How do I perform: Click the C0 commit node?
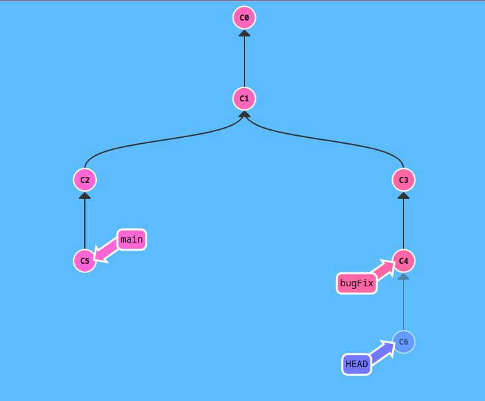(x=244, y=18)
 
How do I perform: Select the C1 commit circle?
(x=244, y=99)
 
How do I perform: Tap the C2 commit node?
(x=85, y=180)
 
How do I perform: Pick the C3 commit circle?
(x=404, y=180)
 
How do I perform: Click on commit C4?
(x=404, y=261)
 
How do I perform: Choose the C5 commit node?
(x=85, y=261)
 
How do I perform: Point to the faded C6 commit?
(x=404, y=342)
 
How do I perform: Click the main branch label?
(x=132, y=239)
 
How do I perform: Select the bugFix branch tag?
(x=356, y=283)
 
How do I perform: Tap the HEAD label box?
(x=356, y=364)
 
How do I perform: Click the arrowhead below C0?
(x=244, y=33)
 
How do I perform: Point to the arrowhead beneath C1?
(x=244, y=114)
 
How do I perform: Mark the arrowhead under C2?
(x=85, y=196)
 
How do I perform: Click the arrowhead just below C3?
(x=404, y=196)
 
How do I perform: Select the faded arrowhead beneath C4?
(x=404, y=276)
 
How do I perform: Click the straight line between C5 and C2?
(x=85, y=225)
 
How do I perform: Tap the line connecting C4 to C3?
(x=404, y=225)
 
